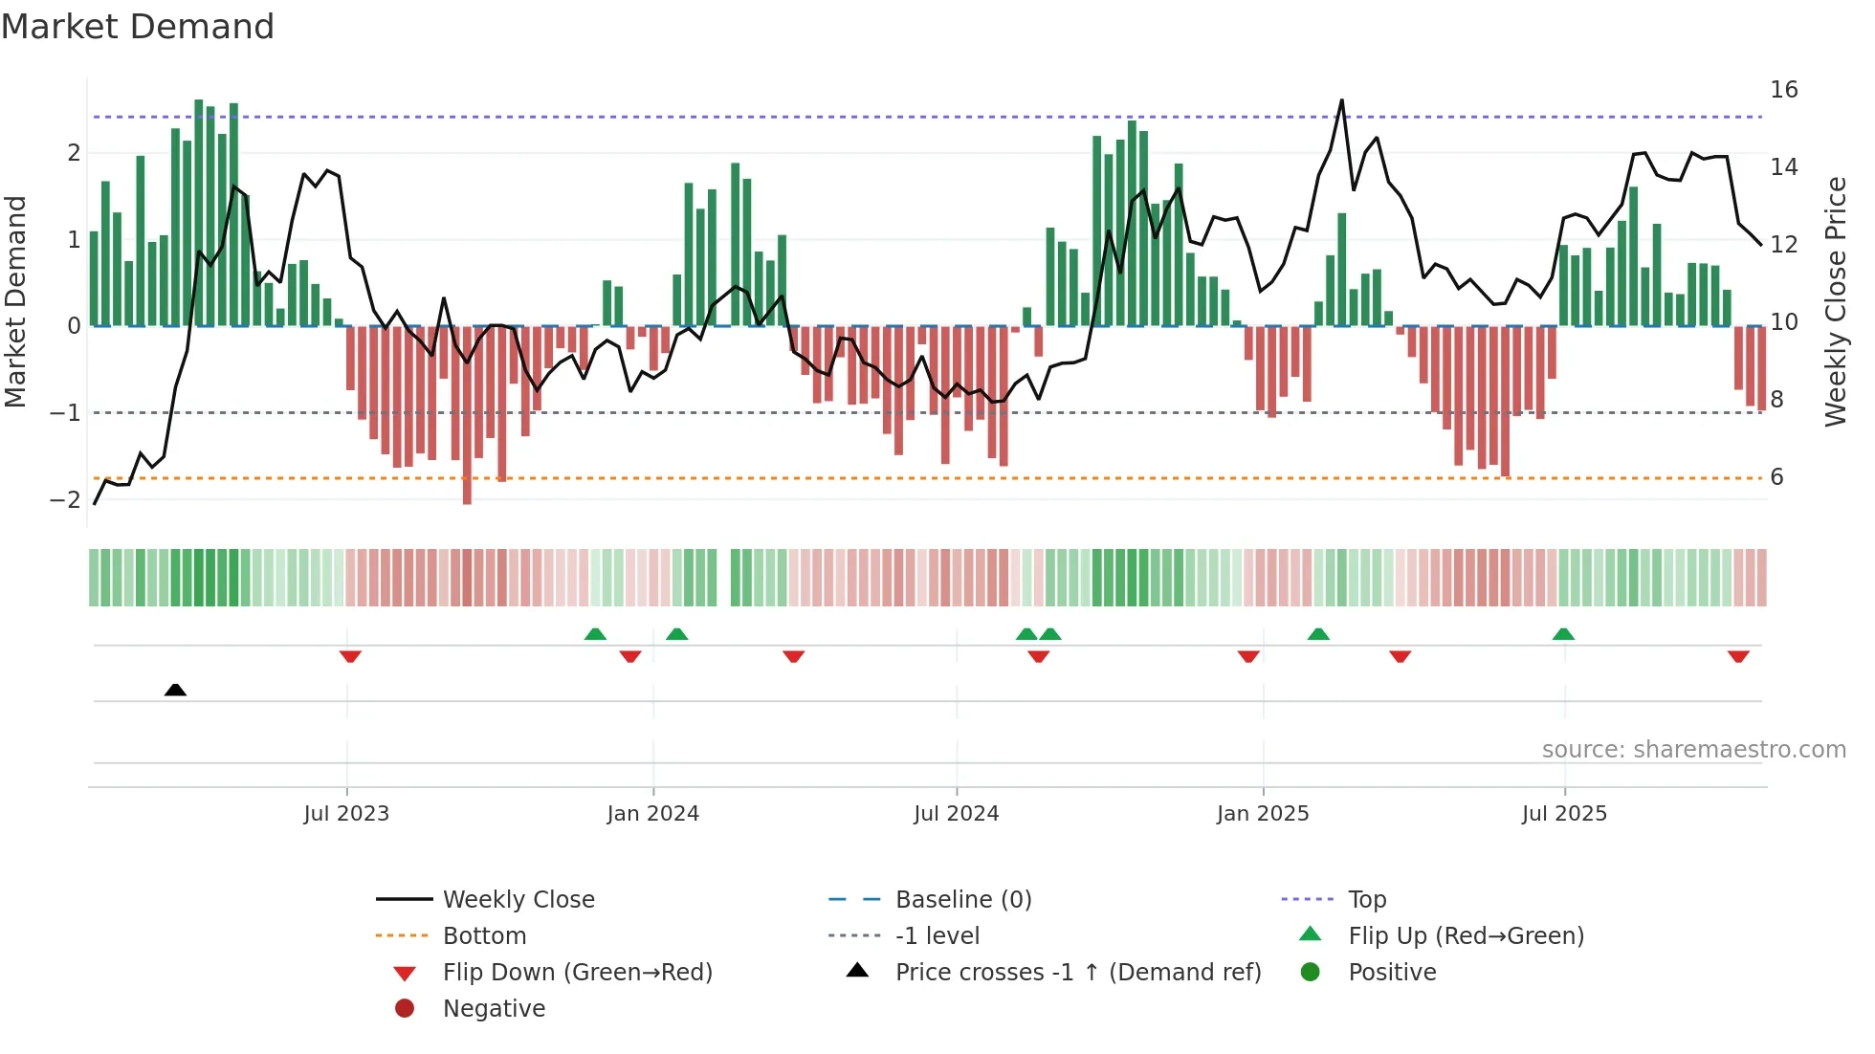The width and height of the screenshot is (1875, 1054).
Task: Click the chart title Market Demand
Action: coord(138,27)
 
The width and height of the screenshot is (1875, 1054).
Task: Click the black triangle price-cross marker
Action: coord(175,690)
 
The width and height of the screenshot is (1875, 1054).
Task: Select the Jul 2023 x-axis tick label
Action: coord(346,814)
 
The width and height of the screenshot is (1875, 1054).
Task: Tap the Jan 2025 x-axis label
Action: coord(1263,814)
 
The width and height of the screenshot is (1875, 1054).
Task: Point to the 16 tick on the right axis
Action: coord(1783,90)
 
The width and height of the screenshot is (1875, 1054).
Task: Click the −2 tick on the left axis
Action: coord(66,500)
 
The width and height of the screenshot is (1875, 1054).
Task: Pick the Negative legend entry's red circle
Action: coord(405,1009)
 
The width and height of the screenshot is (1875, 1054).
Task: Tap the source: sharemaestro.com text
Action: coord(1693,750)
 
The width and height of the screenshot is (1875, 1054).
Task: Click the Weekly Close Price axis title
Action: coord(1835,301)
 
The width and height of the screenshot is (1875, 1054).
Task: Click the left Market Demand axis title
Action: coord(16,301)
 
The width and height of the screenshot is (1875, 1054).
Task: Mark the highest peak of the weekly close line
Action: coord(1341,100)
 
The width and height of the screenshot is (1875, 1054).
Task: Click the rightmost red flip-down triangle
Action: coord(1738,657)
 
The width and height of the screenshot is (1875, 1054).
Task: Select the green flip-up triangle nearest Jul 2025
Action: coord(1563,634)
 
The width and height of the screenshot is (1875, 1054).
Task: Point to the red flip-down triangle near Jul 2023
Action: coord(350,657)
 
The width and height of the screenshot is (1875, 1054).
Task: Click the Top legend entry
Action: coord(1366,900)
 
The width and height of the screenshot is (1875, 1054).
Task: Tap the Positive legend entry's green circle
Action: coord(1311,973)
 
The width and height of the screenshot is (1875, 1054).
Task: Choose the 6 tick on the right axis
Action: coord(1776,477)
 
